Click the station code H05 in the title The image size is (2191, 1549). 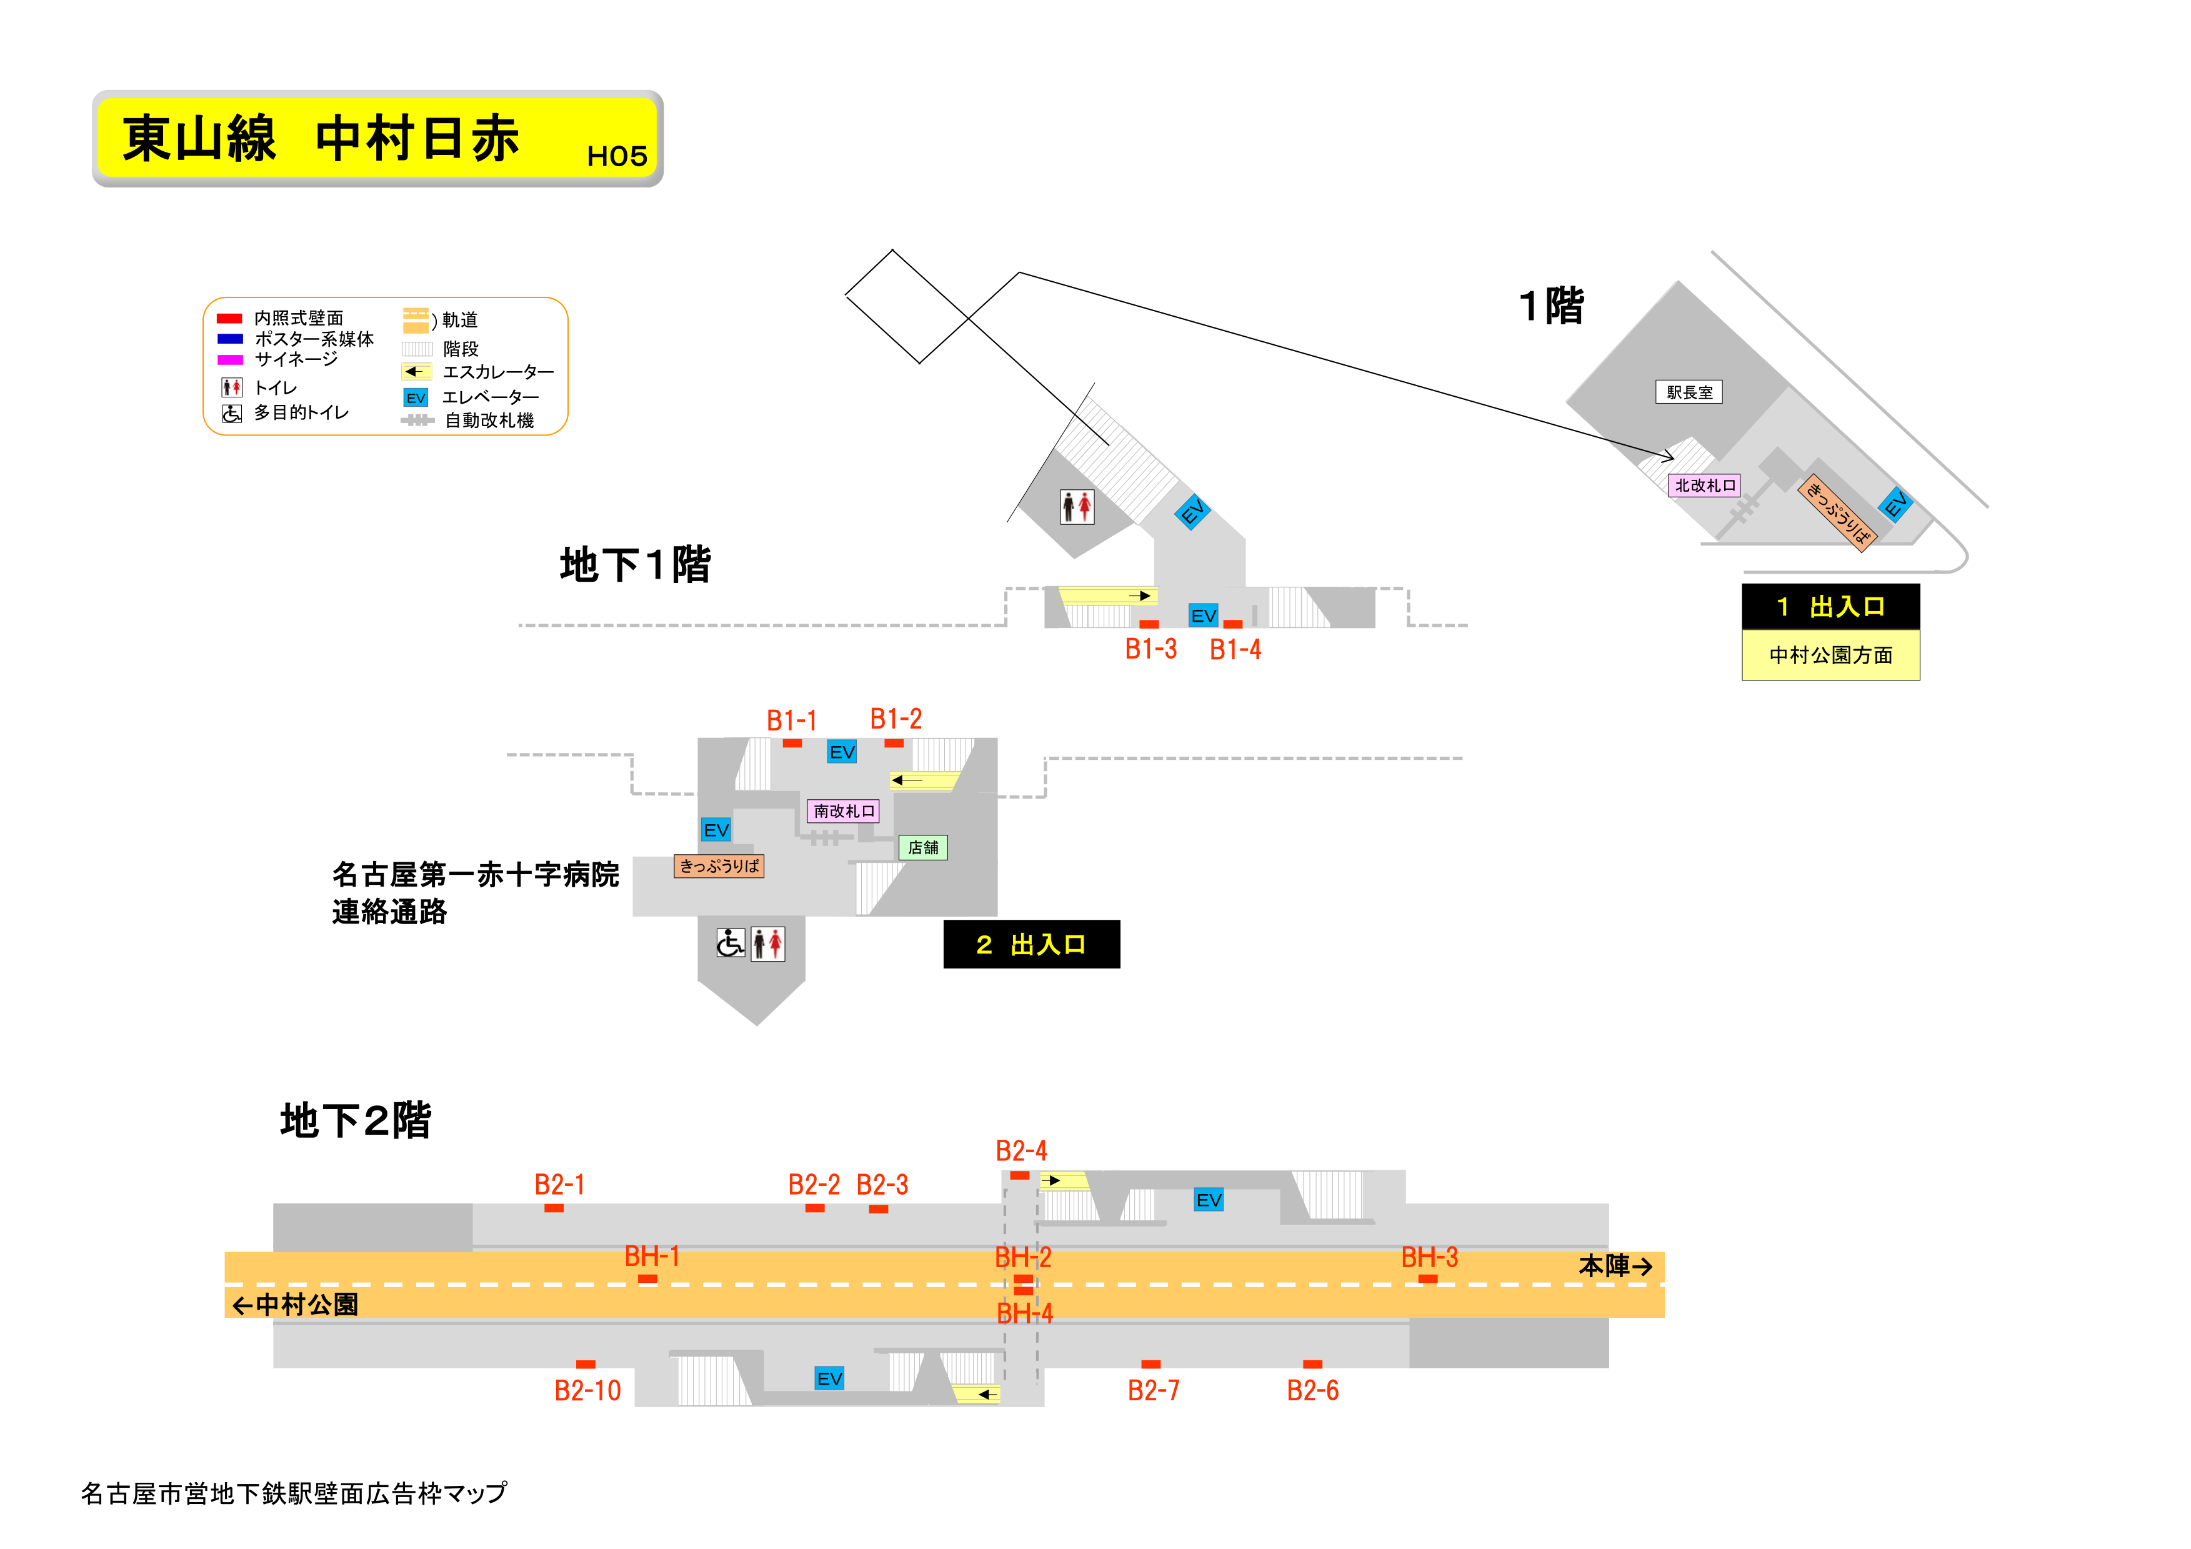[x=616, y=156]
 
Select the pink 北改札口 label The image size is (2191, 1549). [x=1704, y=486]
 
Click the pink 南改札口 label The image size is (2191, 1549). [x=842, y=811]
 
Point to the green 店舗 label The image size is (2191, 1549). [x=923, y=847]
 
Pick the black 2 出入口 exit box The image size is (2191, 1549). [x=1031, y=945]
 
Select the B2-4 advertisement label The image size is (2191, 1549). [x=1021, y=1151]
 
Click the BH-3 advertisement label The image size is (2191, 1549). [x=1429, y=1258]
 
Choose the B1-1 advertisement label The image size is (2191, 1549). [x=791, y=720]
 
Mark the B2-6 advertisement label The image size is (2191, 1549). [x=1312, y=1390]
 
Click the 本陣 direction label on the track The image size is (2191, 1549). [x=1615, y=1267]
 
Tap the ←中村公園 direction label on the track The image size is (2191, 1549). [x=295, y=1305]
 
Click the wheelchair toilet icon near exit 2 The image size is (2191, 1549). [x=730, y=944]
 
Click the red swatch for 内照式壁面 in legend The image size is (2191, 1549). [x=229, y=319]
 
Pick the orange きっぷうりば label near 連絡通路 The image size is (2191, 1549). [x=719, y=867]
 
